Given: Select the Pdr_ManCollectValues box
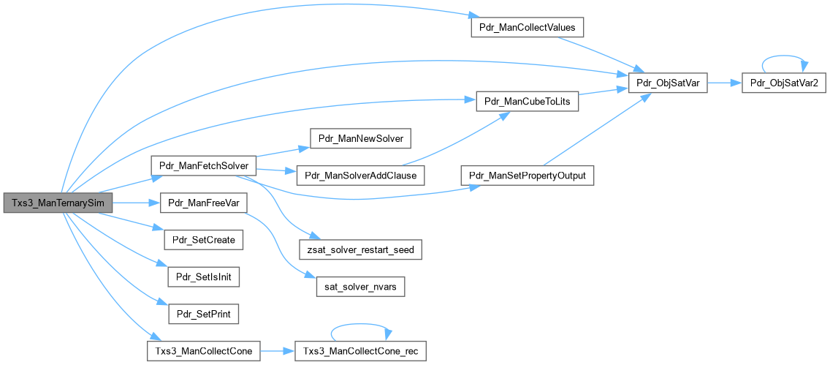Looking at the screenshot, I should [x=525, y=28].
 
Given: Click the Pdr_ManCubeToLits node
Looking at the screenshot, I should [x=527, y=101].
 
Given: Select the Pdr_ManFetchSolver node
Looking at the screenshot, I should [x=202, y=165].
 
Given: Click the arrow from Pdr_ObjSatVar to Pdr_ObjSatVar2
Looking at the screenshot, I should [x=723, y=83].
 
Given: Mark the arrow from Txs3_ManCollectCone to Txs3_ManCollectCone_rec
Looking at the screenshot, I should [x=277, y=351].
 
